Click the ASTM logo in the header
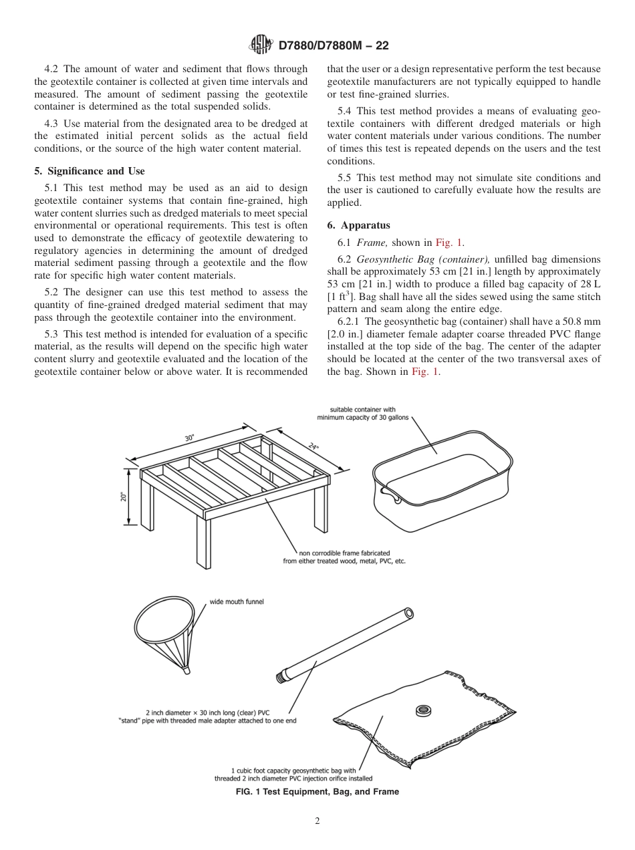(261, 45)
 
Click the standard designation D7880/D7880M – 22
(333, 46)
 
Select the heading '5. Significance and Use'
(89, 171)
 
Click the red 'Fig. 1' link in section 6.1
(449, 243)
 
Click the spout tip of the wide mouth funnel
(187, 669)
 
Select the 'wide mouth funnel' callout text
(237, 601)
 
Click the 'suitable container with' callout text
(363, 410)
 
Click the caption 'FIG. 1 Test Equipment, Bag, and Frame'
(317, 792)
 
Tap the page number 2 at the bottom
(317, 821)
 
